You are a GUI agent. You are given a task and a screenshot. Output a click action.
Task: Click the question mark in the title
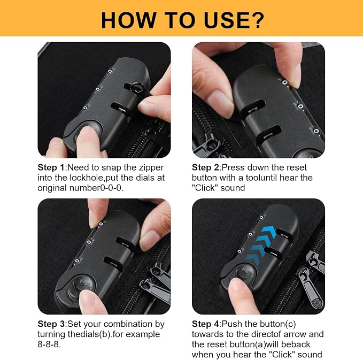click(x=257, y=20)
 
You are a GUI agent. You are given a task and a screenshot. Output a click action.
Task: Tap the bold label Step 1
click(x=51, y=167)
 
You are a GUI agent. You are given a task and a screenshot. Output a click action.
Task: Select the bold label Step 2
click(x=205, y=167)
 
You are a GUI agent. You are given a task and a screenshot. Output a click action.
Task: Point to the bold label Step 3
click(x=51, y=324)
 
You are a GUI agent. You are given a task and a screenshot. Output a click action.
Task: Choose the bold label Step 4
click(x=205, y=324)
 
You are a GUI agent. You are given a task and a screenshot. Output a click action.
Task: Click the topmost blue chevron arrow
click(x=268, y=232)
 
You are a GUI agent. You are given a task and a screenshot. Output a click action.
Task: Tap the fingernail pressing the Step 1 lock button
click(x=88, y=132)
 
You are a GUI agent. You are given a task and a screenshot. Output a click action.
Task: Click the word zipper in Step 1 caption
click(x=151, y=167)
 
